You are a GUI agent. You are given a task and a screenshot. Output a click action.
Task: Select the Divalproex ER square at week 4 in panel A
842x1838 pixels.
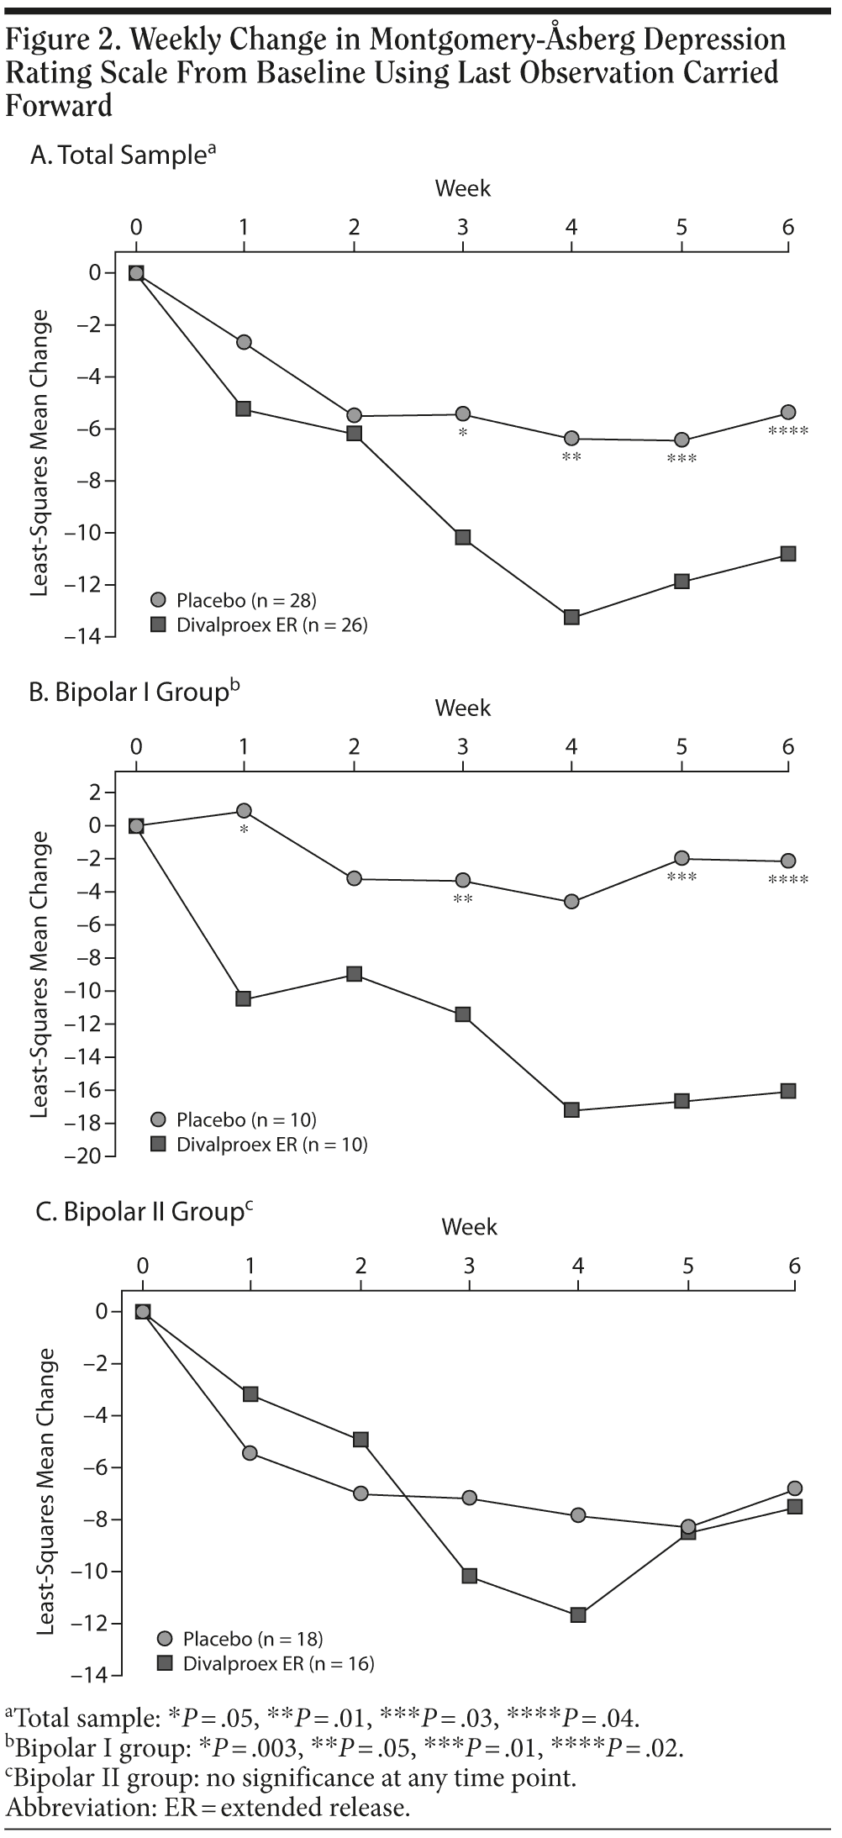(x=571, y=617)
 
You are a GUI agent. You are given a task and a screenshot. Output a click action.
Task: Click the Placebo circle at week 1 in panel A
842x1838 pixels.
(x=244, y=342)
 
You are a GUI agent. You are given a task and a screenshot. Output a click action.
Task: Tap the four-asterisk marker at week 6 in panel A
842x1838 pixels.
(x=788, y=432)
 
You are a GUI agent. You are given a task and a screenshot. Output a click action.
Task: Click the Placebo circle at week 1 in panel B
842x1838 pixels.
(x=244, y=811)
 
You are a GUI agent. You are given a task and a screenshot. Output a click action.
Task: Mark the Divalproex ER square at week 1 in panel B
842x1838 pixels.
(x=244, y=998)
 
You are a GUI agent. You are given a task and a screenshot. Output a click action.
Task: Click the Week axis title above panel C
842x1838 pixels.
(x=469, y=1227)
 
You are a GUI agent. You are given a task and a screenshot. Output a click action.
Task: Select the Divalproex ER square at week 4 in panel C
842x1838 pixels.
(x=578, y=1614)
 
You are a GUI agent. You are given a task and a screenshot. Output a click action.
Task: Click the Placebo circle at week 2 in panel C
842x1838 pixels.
(x=360, y=1493)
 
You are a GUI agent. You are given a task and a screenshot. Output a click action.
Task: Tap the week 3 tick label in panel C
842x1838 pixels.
(x=469, y=1267)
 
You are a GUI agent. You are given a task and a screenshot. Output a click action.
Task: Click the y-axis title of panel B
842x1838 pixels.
(x=40, y=974)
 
